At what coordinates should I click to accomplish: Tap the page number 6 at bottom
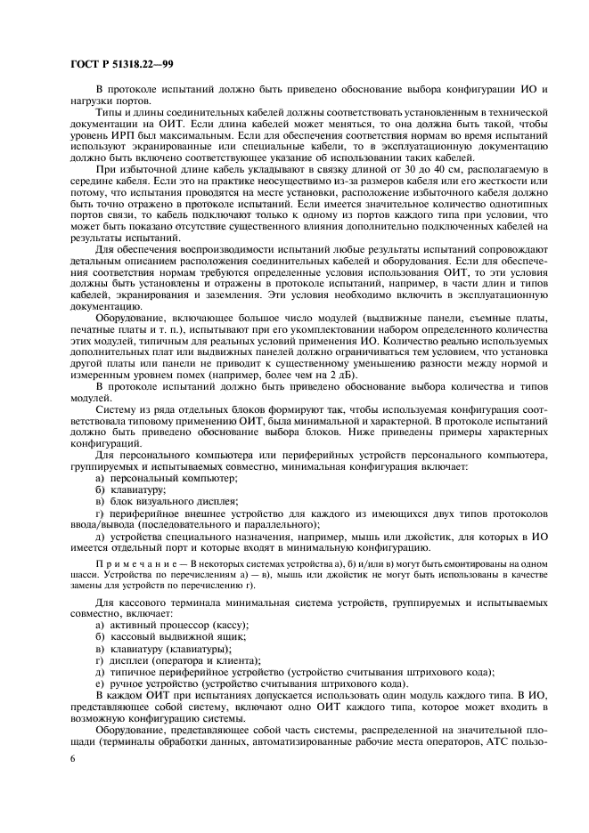(x=72, y=757)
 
